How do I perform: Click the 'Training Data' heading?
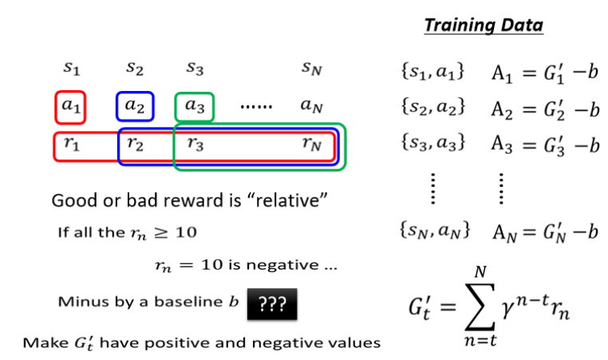tap(483, 25)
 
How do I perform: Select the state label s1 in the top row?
tap(71, 70)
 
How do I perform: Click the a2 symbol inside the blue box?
tap(134, 105)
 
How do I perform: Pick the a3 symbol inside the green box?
tap(194, 105)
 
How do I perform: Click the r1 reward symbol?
tap(71, 145)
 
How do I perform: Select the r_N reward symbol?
tap(312, 145)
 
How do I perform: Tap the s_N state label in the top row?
tap(312, 70)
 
